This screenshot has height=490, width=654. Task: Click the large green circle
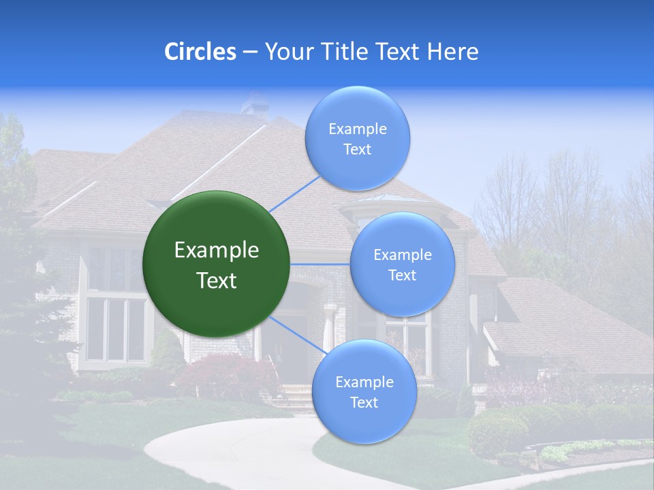pyautogui.click(x=216, y=264)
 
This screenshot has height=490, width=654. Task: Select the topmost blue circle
pyautogui.click(x=357, y=138)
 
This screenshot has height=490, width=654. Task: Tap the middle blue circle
pyautogui.click(x=402, y=264)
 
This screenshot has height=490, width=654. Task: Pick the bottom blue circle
pyautogui.click(x=364, y=391)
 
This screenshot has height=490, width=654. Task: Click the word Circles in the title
pyautogui.click(x=200, y=52)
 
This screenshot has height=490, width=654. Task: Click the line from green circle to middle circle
pyautogui.click(x=320, y=264)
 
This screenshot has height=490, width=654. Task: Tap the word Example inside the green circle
pyautogui.click(x=216, y=250)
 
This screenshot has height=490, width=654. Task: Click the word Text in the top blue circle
pyautogui.click(x=357, y=150)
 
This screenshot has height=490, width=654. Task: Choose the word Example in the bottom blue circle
pyautogui.click(x=364, y=382)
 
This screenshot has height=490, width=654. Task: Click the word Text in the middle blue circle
pyautogui.click(x=402, y=275)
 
